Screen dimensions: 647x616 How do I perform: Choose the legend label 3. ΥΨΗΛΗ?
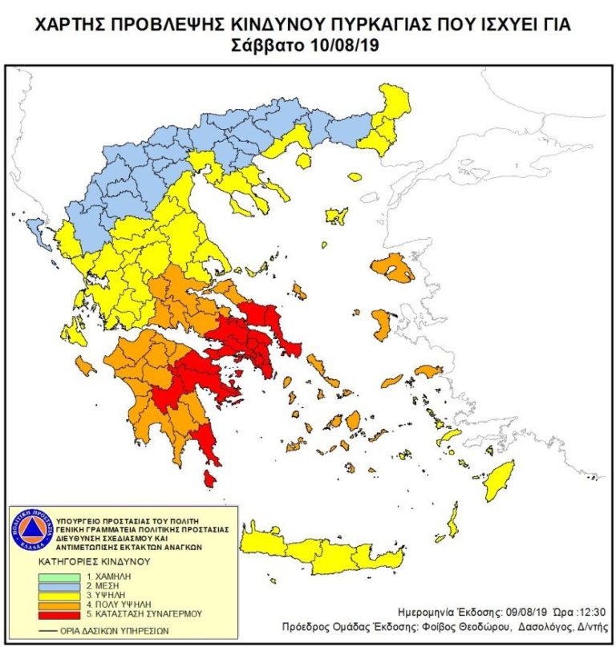tap(103, 595)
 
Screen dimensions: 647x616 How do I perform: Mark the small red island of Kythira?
tap(209, 479)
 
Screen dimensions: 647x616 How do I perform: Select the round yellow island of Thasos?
tap(303, 161)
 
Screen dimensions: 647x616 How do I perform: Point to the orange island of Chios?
tap(383, 326)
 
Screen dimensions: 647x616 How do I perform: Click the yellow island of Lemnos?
tap(336, 216)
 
